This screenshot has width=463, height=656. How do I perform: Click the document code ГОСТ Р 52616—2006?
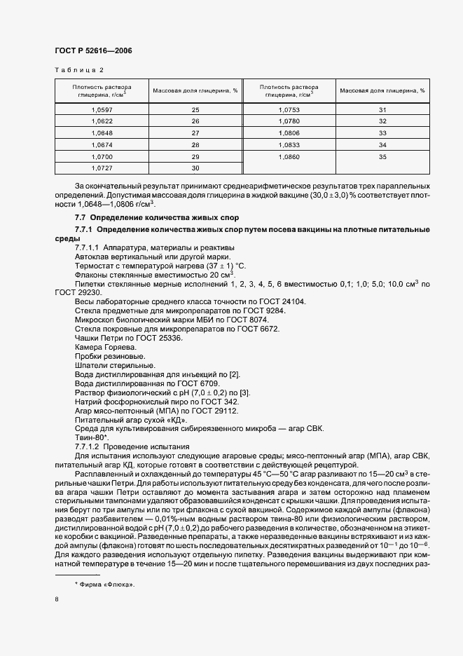pyautogui.click(x=93, y=50)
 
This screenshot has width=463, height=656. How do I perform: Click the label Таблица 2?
pyautogui.click(x=78, y=70)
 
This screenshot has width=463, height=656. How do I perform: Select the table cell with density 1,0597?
pyautogui.click(x=102, y=109)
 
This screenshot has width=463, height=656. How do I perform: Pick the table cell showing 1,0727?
pyautogui.click(x=102, y=168)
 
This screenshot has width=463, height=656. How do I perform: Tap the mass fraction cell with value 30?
pyautogui.click(x=195, y=168)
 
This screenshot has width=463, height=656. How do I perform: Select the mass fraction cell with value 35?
pyautogui.click(x=382, y=156)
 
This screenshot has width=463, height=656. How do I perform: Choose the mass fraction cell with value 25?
pyautogui.click(x=195, y=109)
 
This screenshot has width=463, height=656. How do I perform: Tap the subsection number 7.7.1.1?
pyautogui.click(x=88, y=248)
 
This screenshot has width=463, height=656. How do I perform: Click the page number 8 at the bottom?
pyautogui.click(x=57, y=599)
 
